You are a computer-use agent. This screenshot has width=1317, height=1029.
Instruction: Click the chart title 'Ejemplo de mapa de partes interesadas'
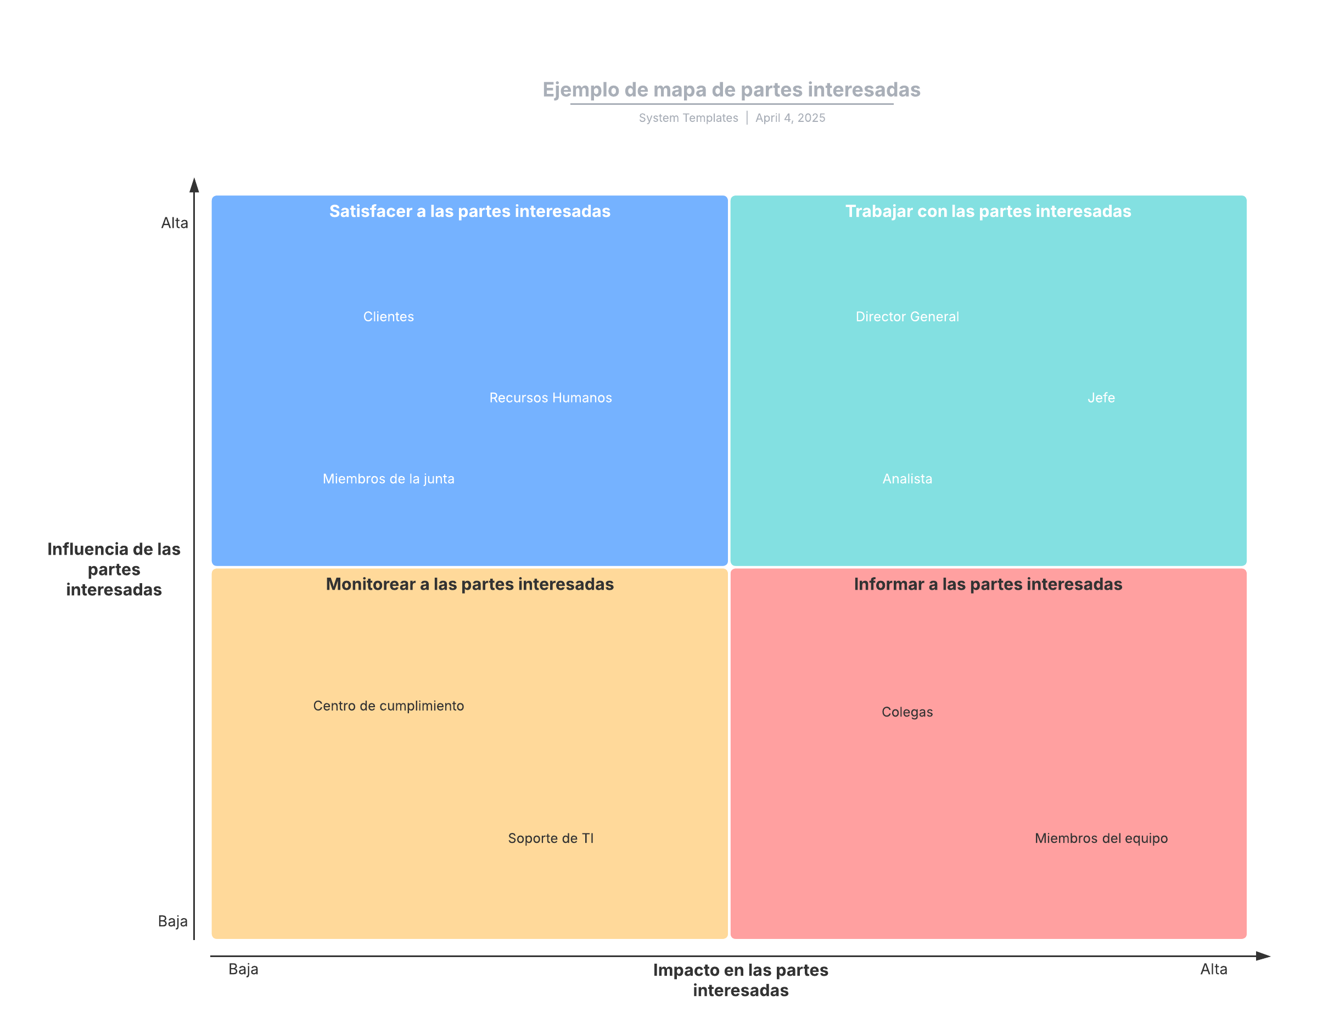pos(731,90)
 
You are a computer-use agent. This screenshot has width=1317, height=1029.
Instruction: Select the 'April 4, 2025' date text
pos(790,118)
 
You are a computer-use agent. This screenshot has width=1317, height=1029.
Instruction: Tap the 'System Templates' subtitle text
pos(688,118)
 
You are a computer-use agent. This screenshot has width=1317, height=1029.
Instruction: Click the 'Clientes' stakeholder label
pos(388,317)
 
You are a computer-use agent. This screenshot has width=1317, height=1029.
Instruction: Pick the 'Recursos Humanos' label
pos(550,398)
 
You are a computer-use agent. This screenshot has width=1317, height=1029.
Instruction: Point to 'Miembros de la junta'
pos(388,479)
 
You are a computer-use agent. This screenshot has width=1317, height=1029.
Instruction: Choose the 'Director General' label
pos(907,317)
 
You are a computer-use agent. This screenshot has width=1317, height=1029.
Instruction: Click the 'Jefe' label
pos(1101,398)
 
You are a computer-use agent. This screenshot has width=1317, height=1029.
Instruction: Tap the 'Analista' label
pos(907,479)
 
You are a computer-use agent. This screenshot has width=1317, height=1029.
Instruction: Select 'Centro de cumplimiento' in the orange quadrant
pos(388,706)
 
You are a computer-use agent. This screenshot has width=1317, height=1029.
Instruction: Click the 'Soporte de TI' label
pos(550,838)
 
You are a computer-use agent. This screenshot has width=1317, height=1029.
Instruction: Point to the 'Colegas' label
pos(907,712)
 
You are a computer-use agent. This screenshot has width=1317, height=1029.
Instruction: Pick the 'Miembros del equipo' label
pos(1101,838)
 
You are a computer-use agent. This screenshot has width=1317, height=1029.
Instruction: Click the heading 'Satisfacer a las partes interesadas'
pos(470,211)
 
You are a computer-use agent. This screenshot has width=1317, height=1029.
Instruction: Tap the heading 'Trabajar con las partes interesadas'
pos(988,211)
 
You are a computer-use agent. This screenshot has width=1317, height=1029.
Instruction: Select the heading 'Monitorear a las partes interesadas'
pos(470,584)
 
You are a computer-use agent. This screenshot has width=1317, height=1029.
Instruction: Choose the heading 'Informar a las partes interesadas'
pos(988,584)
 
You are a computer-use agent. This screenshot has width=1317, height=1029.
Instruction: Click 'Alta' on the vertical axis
pos(174,223)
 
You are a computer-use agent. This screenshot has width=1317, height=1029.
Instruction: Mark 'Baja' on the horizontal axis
pos(243,969)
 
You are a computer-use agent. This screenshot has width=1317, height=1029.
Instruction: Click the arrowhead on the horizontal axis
pos(1264,956)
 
